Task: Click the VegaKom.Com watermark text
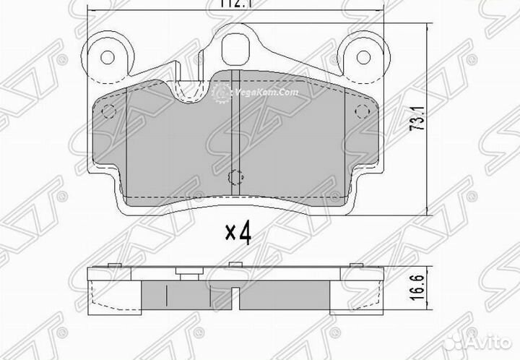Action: (x=265, y=93)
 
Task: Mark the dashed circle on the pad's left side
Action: (x=108, y=112)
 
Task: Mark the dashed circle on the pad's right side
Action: (x=362, y=112)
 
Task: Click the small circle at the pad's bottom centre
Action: (x=235, y=176)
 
